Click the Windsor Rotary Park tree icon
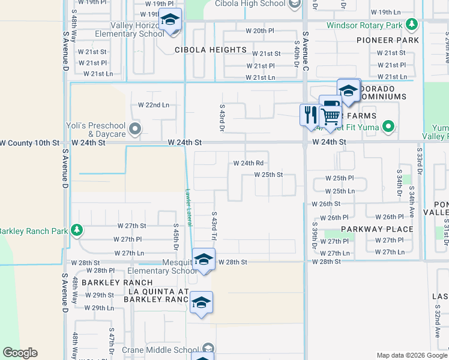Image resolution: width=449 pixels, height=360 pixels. click(x=411, y=25)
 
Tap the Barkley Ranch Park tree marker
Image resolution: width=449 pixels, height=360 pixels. click(x=76, y=230)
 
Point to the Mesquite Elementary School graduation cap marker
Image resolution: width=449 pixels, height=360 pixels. click(x=203, y=260)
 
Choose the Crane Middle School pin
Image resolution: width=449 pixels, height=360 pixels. click(x=208, y=349)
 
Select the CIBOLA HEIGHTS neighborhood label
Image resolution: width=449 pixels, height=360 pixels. click(x=211, y=50)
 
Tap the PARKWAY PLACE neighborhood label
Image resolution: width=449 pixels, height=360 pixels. click(x=378, y=229)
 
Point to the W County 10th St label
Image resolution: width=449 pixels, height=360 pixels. click(x=31, y=143)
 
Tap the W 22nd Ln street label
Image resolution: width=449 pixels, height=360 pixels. click(x=154, y=104)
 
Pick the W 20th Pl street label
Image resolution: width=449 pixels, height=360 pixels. click(x=259, y=31)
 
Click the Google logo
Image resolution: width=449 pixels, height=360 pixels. click(x=20, y=353)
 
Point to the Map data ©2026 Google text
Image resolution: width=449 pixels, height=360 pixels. click(x=411, y=355)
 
